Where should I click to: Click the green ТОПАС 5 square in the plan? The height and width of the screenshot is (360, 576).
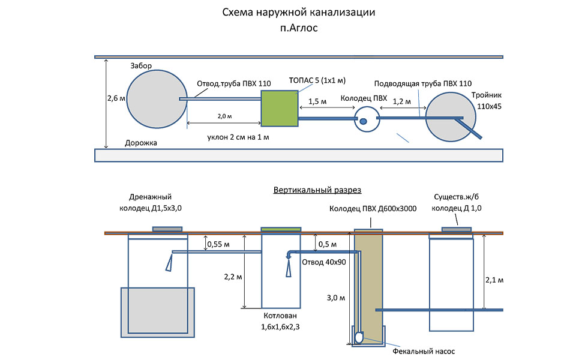tap(280, 109)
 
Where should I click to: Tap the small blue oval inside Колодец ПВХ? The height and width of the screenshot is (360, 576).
tap(363, 121)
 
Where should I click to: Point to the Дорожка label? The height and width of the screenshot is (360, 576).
tap(141, 143)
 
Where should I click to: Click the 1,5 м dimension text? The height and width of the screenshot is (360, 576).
tap(317, 101)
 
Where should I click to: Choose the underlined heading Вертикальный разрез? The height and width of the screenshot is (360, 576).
tap(317, 190)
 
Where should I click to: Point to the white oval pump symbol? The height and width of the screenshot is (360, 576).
tap(359, 337)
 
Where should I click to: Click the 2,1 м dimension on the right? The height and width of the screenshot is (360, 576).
tap(493, 280)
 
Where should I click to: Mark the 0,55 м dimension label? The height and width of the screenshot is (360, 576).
tap(218, 244)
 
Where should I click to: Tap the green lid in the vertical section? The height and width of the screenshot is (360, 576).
tap(281, 229)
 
